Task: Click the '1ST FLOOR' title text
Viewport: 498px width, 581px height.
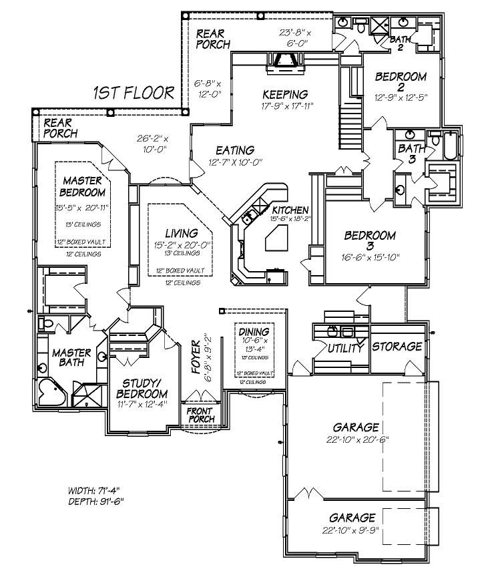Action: tap(134, 92)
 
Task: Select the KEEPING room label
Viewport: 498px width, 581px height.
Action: tap(285, 94)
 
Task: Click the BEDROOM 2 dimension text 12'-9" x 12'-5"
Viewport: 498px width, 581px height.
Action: tap(401, 96)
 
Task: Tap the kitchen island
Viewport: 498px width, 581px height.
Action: tap(276, 237)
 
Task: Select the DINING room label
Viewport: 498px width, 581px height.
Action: tap(254, 331)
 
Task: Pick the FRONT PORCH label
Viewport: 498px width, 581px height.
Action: tap(200, 415)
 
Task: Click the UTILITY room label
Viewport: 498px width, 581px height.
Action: tap(345, 347)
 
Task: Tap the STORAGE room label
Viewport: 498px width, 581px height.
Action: tap(397, 347)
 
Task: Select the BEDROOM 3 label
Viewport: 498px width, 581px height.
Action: tap(370, 241)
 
